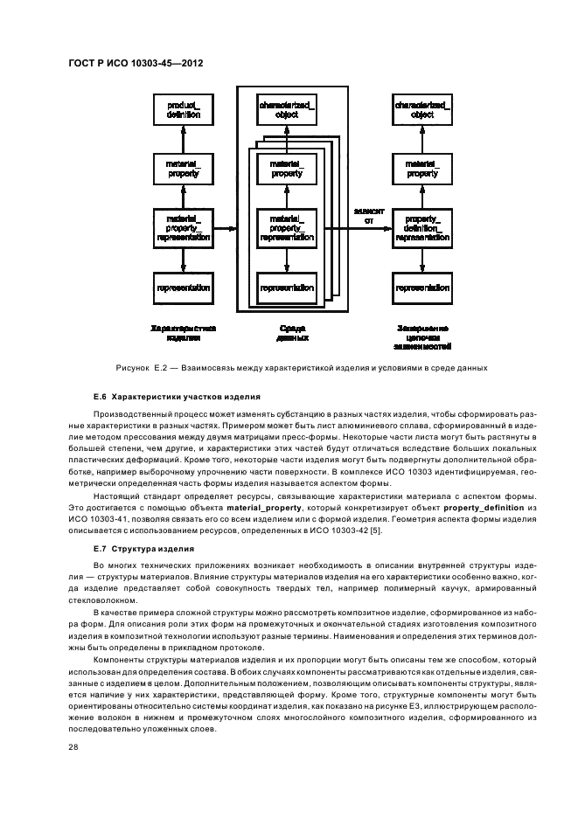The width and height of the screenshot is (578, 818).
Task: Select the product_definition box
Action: [183, 110]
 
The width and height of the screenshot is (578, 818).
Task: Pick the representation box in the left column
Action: [183, 287]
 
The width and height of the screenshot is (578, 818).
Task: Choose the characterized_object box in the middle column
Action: [287, 110]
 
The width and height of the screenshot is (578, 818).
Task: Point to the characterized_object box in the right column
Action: [422, 110]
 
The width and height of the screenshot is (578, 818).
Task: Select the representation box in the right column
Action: [422, 287]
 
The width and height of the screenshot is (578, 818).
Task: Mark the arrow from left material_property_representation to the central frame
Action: [226, 229]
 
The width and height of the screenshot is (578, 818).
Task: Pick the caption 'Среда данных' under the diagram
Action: [291, 332]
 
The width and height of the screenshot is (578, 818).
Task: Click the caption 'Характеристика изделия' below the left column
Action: [183, 332]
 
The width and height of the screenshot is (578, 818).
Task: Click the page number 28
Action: [73, 747]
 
